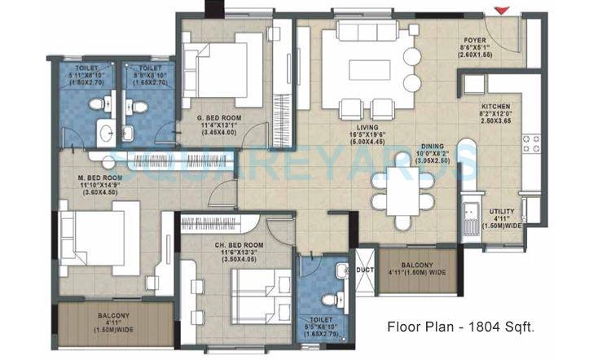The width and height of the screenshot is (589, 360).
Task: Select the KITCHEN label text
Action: [x=494, y=107]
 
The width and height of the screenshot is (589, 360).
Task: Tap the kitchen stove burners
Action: [x=530, y=145]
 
